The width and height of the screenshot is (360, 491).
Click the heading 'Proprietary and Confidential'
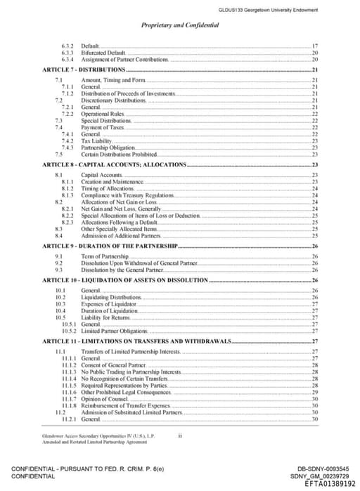(x=179, y=25)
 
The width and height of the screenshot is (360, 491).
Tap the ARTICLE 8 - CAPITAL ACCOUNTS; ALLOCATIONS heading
(x=114, y=164)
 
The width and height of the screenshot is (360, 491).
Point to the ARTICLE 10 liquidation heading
(x=124, y=280)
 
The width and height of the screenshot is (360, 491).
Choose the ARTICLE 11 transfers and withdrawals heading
(x=136, y=341)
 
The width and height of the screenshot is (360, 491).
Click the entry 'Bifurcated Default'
(x=103, y=53)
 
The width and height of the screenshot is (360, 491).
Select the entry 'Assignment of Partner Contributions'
(x=124, y=60)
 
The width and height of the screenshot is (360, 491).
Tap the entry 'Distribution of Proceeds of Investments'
(x=127, y=93)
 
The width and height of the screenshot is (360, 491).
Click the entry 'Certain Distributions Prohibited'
(x=118, y=154)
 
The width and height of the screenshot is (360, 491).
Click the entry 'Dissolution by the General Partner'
(x=124, y=270)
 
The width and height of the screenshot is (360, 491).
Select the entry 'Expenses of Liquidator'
(x=108, y=303)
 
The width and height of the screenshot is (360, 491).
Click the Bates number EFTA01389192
(x=330, y=484)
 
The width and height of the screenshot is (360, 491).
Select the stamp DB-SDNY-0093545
(x=323, y=469)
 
